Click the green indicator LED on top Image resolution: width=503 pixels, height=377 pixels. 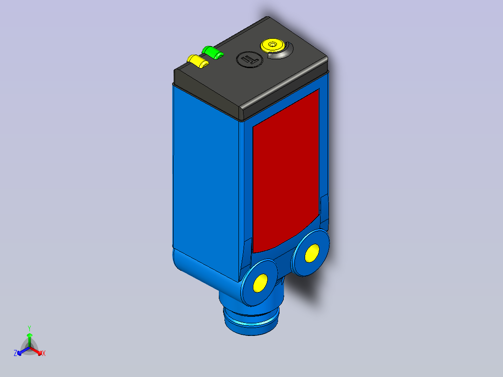click(x=212, y=52)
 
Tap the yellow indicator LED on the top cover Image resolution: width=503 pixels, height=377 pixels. click(x=198, y=61)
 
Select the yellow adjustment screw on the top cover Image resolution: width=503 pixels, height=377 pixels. click(x=272, y=45)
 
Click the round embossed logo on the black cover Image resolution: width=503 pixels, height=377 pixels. click(x=250, y=59)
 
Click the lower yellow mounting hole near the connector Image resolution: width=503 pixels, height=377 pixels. click(x=260, y=283)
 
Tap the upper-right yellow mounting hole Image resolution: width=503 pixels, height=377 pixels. click(x=312, y=253)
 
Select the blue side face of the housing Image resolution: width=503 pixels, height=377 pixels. click(x=205, y=180)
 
